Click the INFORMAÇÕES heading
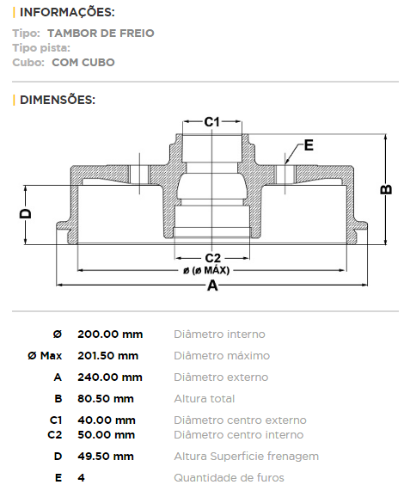point(67,12)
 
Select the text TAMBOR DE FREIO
point(101,33)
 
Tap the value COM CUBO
point(83,63)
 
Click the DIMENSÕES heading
point(58,100)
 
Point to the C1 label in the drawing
point(211,122)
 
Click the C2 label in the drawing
point(212,258)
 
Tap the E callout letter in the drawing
point(309,145)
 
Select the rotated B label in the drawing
point(386,189)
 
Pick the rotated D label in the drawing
point(26,213)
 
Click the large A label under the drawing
point(212,285)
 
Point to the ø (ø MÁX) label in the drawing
point(206,270)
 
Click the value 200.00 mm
point(110,334)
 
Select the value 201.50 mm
point(108,356)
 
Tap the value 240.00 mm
point(110,377)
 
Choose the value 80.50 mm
point(106,399)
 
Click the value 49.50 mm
point(106,457)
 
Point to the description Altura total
point(205,399)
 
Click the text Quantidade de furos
point(230,478)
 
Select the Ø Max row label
point(45,356)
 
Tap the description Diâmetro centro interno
point(239,435)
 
